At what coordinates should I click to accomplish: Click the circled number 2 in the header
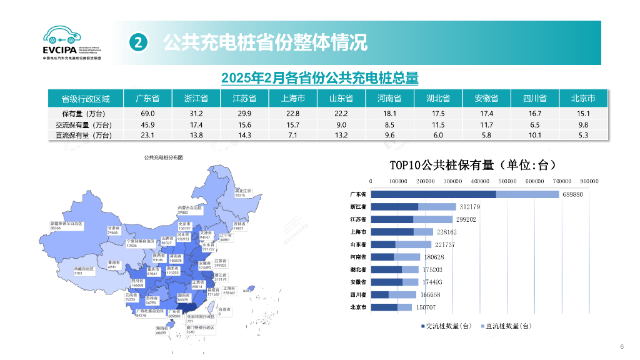(x=139, y=42)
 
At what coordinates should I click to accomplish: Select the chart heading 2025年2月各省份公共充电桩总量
(x=319, y=78)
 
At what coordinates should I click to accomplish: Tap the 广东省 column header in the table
(x=147, y=99)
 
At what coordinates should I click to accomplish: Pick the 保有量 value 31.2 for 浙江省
(x=196, y=114)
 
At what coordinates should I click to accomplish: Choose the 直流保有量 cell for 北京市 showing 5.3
(x=583, y=135)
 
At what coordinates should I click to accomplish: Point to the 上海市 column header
(x=293, y=99)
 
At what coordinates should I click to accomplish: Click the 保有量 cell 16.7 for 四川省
(x=535, y=114)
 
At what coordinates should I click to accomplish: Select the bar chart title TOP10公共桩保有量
(x=472, y=165)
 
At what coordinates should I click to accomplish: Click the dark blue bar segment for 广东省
(x=434, y=194)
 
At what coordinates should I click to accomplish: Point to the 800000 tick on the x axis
(x=589, y=181)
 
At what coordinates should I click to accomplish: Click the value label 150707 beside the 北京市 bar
(x=426, y=307)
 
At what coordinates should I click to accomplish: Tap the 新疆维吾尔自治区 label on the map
(x=66, y=225)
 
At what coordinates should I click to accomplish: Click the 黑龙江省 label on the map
(x=242, y=192)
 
